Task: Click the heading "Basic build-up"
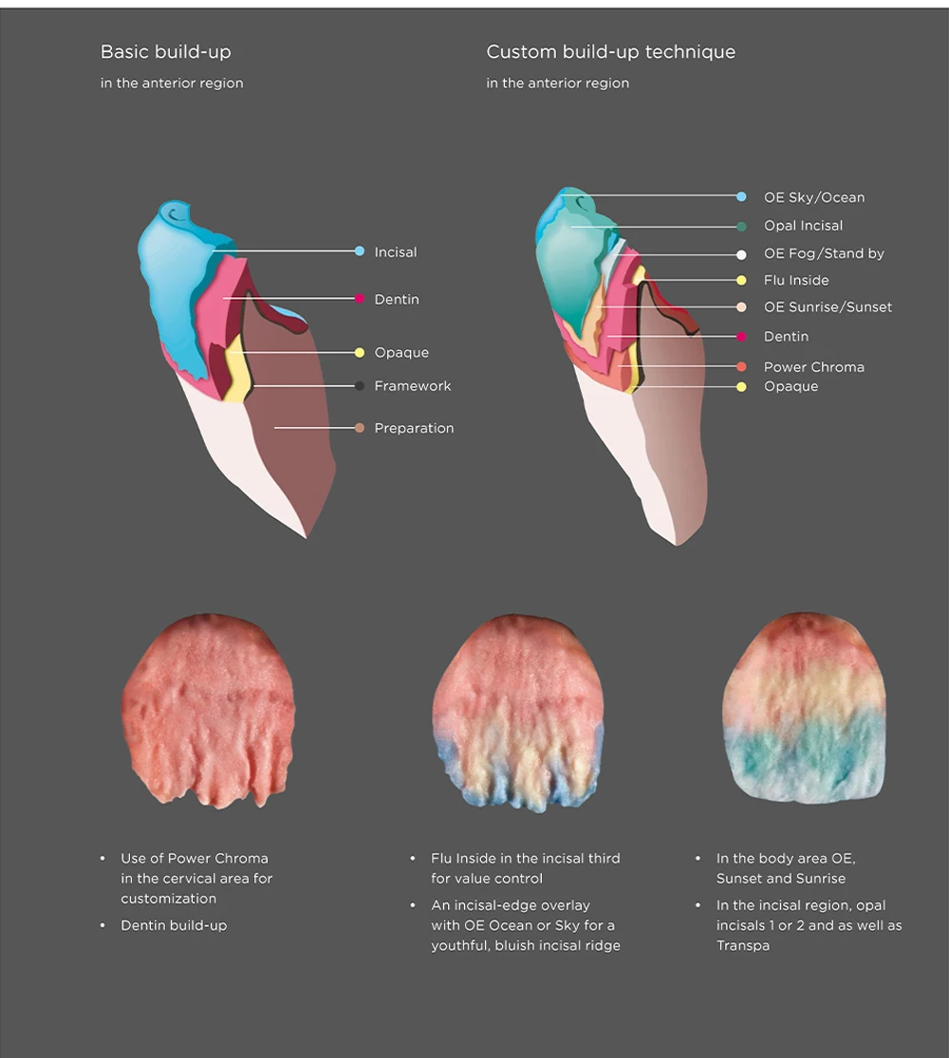(165, 52)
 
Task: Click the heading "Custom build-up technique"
(610, 52)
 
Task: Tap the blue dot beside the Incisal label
(360, 251)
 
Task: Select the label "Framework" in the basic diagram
(413, 386)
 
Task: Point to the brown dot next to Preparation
(360, 428)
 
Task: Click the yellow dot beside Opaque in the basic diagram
(360, 353)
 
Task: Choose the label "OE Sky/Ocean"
(814, 197)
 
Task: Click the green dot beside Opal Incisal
(741, 226)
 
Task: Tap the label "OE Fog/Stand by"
(824, 253)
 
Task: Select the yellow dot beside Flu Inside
(741, 280)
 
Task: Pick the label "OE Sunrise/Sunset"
(828, 307)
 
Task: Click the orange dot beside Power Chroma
(741, 366)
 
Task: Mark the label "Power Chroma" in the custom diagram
(813, 367)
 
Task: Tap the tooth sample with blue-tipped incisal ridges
(518, 712)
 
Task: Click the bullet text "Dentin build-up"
(174, 925)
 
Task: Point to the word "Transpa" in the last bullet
(743, 946)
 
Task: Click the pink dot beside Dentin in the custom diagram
(741, 337)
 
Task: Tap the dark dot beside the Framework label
(360, 386)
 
